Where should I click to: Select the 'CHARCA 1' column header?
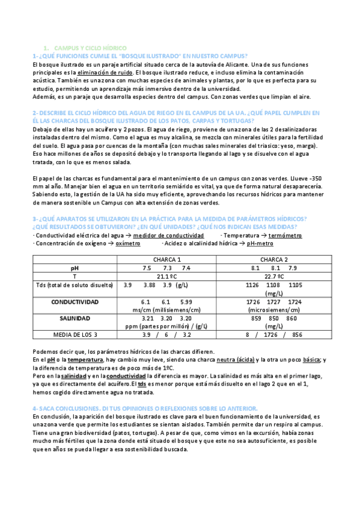click(166, 259)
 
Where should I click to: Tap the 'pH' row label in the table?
click(75, 268)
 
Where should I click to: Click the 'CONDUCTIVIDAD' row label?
click(75, 301)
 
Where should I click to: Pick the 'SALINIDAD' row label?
click(75, 318)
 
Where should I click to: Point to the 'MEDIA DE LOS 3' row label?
click(75, 334)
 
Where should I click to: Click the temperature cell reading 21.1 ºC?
click(166, 276)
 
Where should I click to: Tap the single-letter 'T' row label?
click(75, 276)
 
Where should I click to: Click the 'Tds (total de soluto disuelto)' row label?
click(75, 284)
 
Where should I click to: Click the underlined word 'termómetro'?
click(285, 236)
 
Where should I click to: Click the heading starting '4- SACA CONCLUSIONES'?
click(145, 408)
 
